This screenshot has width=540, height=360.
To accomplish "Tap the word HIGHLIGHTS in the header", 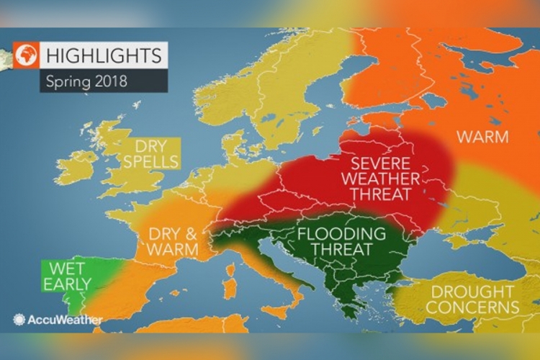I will point(104,54).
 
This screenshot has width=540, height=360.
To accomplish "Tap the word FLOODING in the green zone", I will point(341,234).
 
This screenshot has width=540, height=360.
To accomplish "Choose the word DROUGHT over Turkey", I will point(469,292).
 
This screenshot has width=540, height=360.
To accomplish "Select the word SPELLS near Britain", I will point(150,161).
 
